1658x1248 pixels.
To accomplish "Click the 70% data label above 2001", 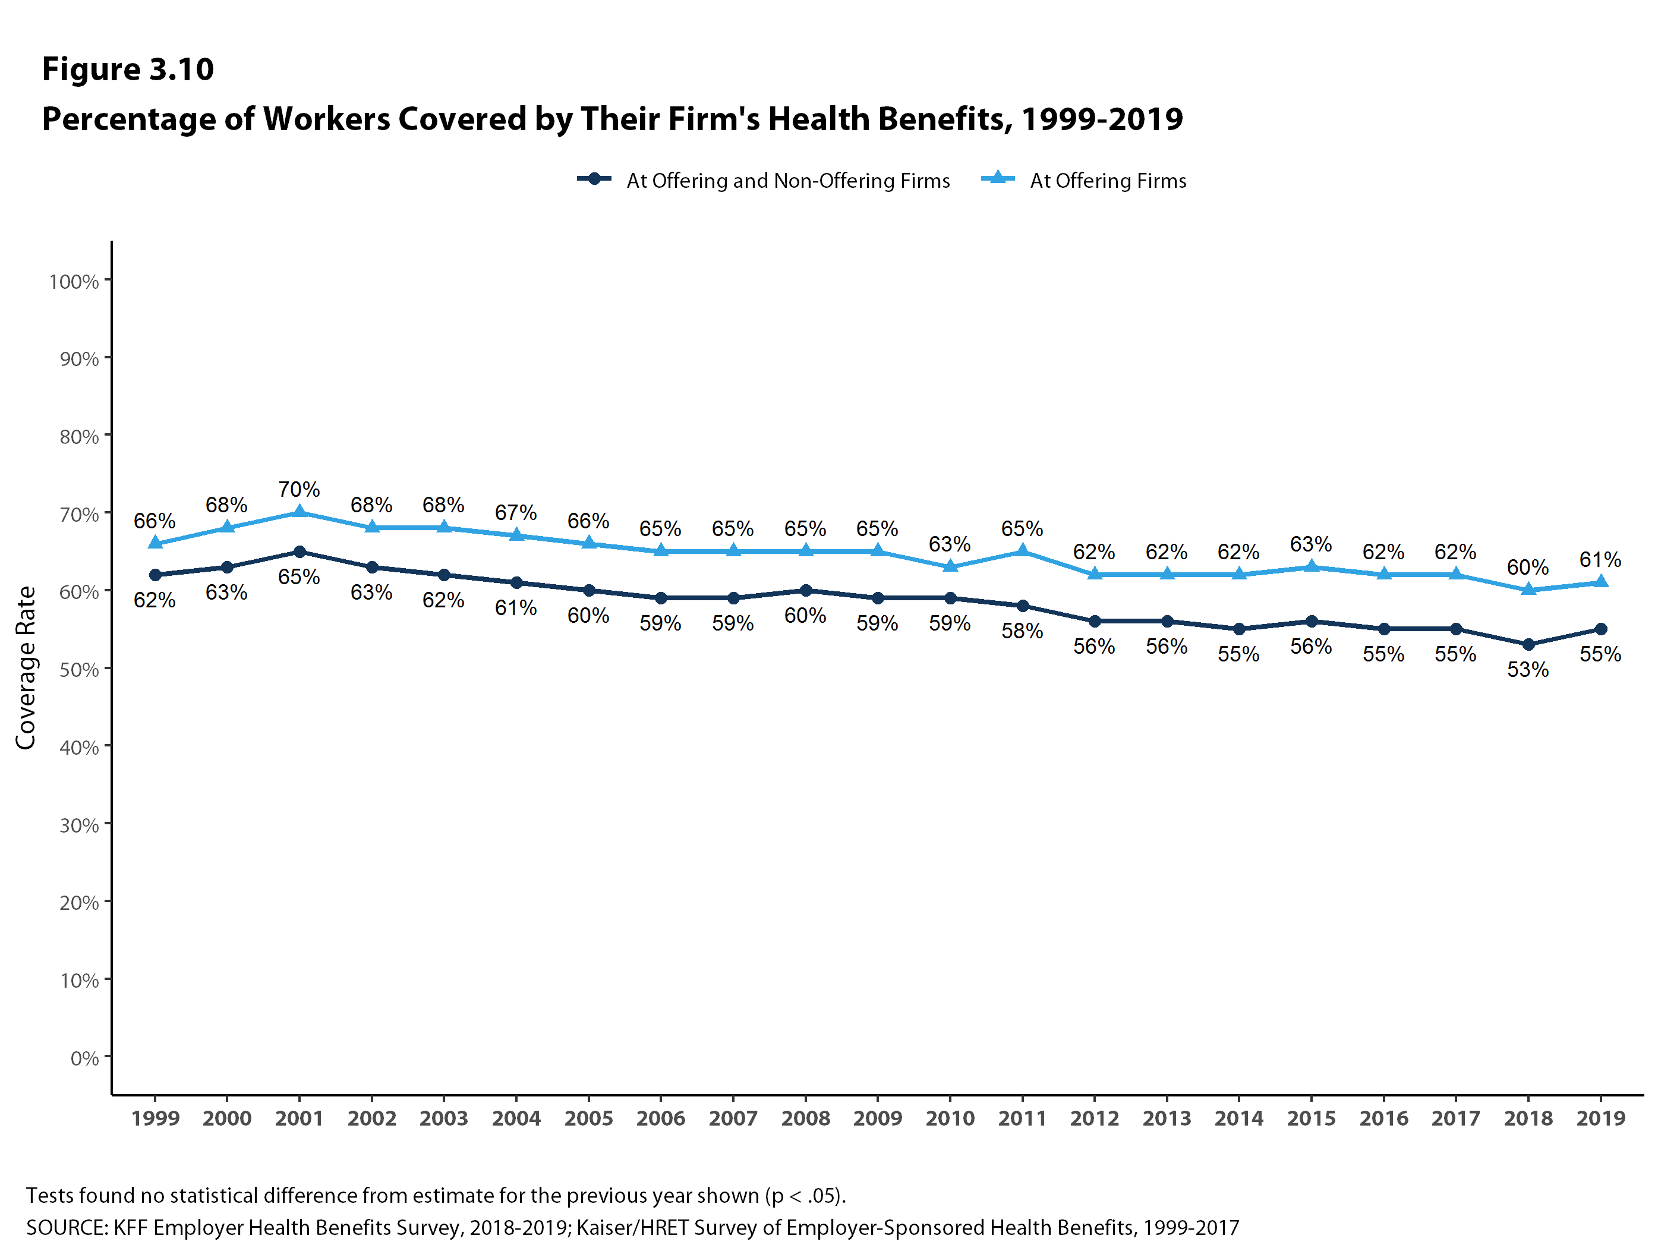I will click(x=299, y=490).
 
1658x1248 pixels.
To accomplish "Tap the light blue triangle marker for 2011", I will click(x=1022, y=551).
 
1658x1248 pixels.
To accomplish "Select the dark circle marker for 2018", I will click(x=1528, y=645).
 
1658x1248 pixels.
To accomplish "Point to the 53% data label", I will click(x=1528, y=669).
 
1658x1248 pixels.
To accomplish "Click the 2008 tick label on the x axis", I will click(x=806, y=1118).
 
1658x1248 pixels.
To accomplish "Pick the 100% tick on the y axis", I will click(x=74, y=282).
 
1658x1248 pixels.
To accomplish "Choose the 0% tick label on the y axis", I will click(x=84, y=1058).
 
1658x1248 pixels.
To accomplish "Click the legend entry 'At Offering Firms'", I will click(x=1107, y=181).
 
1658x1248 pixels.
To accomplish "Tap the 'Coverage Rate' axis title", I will click(x=26, y=667).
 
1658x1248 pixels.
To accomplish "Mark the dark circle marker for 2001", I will click(x=299, y=551).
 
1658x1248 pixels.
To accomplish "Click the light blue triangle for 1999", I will click(x=155, y=543).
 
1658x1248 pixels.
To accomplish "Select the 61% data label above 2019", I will click(x=1600, y=559).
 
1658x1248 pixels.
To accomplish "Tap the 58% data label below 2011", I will click(x=1022, y=631).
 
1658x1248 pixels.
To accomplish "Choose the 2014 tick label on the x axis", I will click(x=1239, y=1118).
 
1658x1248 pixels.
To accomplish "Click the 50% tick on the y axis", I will click(x=78, y=669).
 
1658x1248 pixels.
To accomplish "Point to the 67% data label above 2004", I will click(x=516, y=513).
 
